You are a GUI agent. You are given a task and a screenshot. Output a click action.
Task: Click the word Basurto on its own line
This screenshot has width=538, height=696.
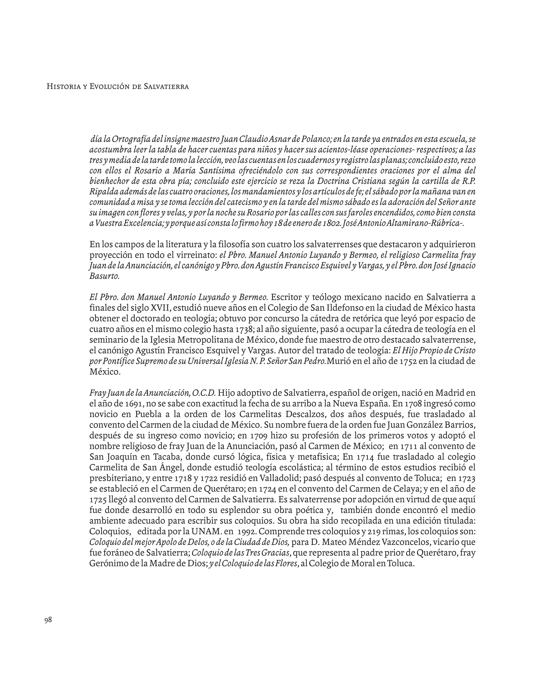(x=104, y=276)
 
